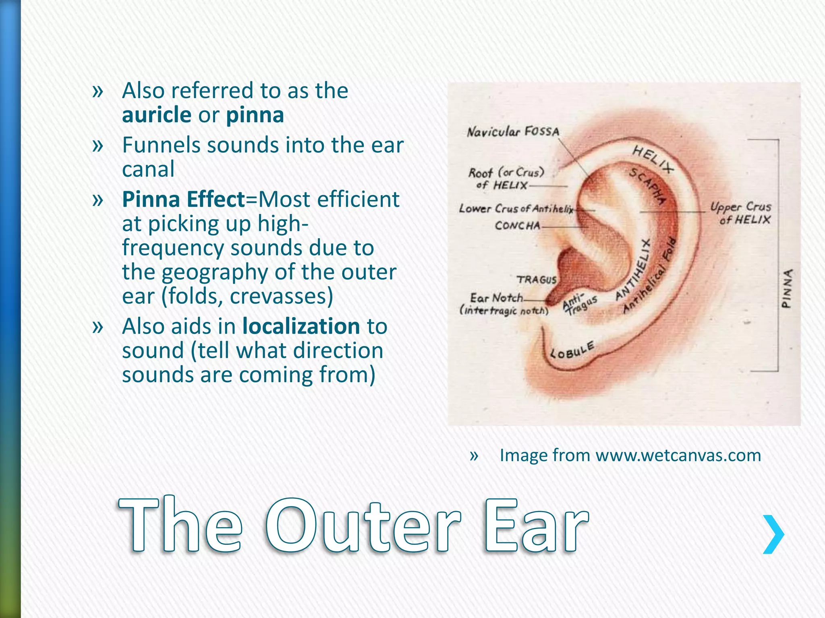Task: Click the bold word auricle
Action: (x=157, y=115)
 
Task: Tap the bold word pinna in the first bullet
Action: (x=255, y=115)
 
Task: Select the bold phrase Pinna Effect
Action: (x=184, y=200)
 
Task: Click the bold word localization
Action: (x=301, y=326)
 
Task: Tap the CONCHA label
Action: (x=517, y=225)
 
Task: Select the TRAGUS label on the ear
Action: (x=537, y=280)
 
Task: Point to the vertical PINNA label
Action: (x=787, y=288)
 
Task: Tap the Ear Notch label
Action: (x=496, y=298)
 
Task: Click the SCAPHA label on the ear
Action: (x=647, y=186)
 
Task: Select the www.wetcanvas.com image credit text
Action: (x=678, y=455)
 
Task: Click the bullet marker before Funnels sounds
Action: (x=97, y=145)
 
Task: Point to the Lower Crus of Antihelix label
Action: (x=516, y=209)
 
